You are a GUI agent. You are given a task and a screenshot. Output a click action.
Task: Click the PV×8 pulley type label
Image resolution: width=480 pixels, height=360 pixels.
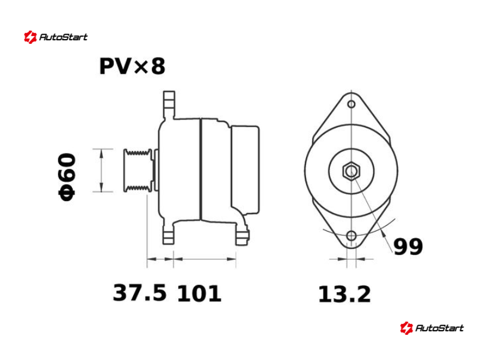[132, 66]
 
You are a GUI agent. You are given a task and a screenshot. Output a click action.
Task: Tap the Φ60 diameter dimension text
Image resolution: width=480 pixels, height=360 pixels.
[67, 177]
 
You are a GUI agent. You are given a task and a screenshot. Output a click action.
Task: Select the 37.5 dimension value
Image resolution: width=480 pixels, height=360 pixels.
[140, 293]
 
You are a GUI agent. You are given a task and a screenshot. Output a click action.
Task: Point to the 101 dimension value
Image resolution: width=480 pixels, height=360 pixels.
[199, 293]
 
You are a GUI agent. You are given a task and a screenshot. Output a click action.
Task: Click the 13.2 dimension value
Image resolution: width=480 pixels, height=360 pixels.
[344, 294]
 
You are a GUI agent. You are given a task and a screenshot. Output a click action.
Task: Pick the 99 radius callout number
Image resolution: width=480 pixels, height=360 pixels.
[408, 247]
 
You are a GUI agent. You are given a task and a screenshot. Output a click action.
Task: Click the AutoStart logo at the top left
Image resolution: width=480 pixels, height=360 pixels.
[56, 37]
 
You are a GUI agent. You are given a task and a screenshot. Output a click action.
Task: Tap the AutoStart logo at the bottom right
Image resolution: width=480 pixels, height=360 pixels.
[431, 328]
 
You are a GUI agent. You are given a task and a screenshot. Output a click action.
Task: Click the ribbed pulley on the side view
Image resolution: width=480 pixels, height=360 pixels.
[138, 170]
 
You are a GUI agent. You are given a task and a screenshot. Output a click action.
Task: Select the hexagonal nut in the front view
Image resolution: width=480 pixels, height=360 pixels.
[351, 171]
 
